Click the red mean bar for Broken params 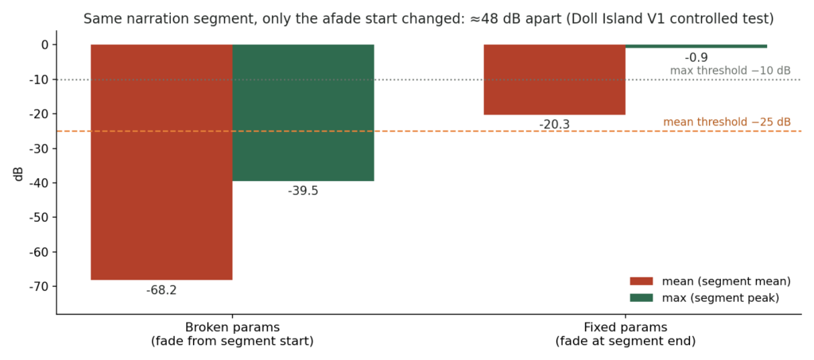point(161,162)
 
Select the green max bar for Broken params point(303,113)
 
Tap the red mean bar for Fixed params point(554,79)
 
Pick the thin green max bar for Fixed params point(696,46)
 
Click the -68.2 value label point(161,290)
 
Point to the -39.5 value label point(303,191)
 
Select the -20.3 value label point(554,125)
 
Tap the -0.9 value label point(696,57)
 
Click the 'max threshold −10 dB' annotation point(731,71)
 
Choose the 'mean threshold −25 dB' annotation point(727,122)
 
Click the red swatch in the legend point(642,281)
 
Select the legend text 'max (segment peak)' point(720,298)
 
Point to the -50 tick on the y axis point(41,218)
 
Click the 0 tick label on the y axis point(45,45)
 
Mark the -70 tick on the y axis point(41,287)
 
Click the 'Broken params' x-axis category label point(232,328)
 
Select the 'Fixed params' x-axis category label point(625,328)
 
